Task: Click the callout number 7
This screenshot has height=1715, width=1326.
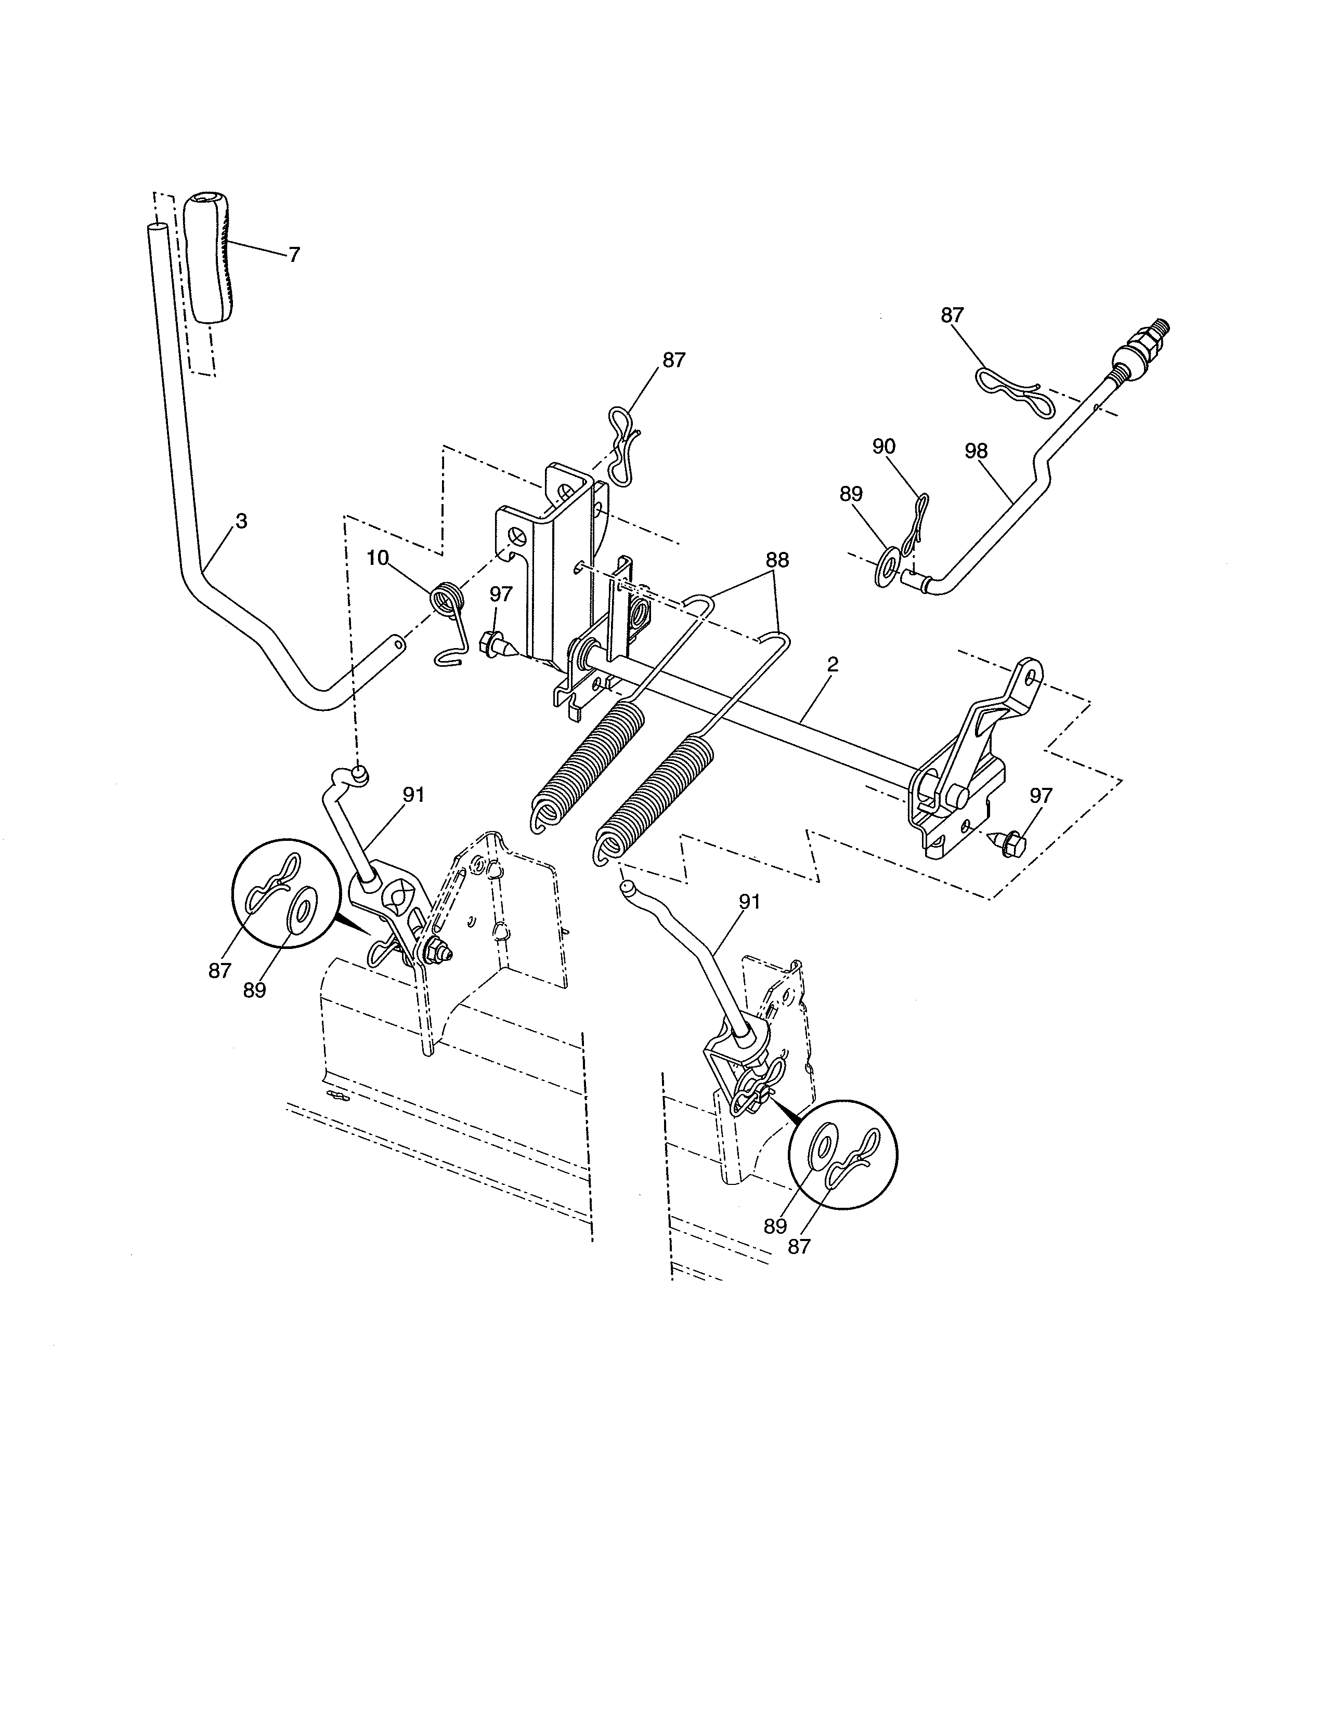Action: click(x=294, y=255)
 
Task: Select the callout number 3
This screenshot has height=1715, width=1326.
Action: click(x=241, y=521)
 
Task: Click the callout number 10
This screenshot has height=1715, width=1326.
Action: click(x=377, y=558)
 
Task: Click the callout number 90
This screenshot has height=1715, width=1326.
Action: click(x=883, y=447)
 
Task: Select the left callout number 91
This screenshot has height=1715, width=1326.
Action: click(x=413, y=795)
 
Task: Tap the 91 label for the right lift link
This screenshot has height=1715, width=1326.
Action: click(x=749, y=902)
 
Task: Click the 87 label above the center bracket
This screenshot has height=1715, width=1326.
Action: click(x=674, y=361)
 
